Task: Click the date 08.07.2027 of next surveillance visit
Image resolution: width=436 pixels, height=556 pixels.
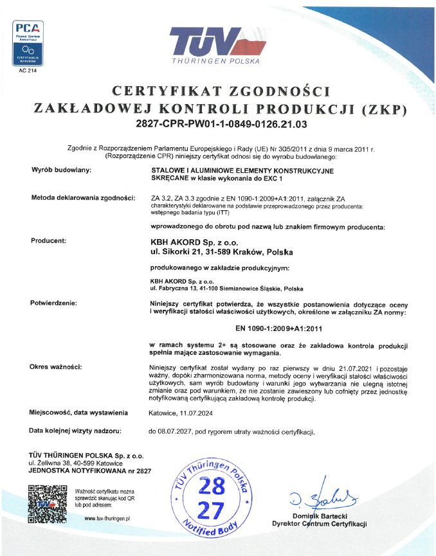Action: pyautogui.click(x=170, y=431)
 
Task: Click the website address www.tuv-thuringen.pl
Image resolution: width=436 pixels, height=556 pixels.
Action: pyautogui.click(x=107, y=517)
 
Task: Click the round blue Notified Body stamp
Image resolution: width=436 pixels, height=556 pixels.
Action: pyautogui.click(x=210, y=498)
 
